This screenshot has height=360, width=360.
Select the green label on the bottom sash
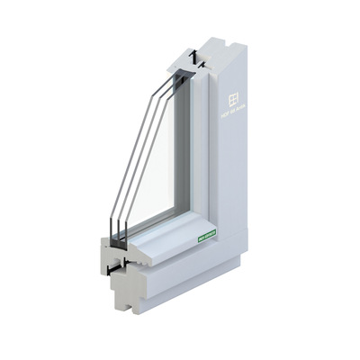(208, 238)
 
